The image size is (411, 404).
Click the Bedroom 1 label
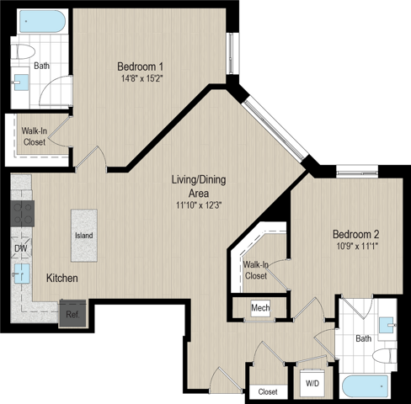point(140,66)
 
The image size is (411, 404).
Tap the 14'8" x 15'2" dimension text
point(142,78)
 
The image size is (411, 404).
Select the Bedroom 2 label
point(356,234)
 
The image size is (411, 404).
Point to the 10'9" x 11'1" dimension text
point(358,247)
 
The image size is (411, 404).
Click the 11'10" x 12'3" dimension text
point(199,205)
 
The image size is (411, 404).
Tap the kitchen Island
point(84,236)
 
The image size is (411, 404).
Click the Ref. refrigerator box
point(72,314)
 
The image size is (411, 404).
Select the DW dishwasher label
point(21,248)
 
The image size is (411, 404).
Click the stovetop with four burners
point(23,214)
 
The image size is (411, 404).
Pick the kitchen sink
point(22,274)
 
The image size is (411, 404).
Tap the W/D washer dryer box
point(312,383)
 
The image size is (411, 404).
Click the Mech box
point(260,308)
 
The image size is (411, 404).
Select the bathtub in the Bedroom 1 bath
point(42,21)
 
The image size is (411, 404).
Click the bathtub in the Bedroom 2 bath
point(365,386)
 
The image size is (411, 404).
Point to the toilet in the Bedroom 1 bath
point(23,51)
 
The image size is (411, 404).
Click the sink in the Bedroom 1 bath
point(21,82)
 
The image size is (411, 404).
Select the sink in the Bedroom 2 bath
point(387,325)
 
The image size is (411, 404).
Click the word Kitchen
point(62,278)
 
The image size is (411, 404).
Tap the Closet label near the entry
point(268,391)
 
